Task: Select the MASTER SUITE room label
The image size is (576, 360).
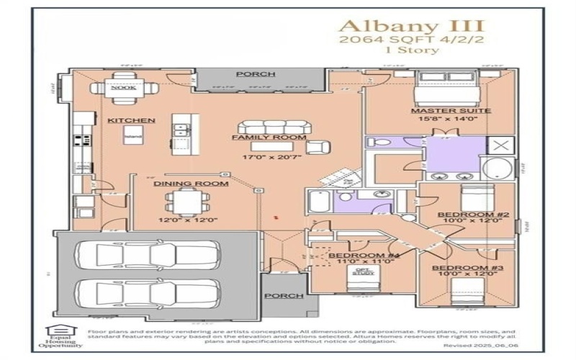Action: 441,111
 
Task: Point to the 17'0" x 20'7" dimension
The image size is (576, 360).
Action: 269,156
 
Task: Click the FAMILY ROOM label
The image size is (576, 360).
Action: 269,137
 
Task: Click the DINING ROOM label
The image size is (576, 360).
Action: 191,184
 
